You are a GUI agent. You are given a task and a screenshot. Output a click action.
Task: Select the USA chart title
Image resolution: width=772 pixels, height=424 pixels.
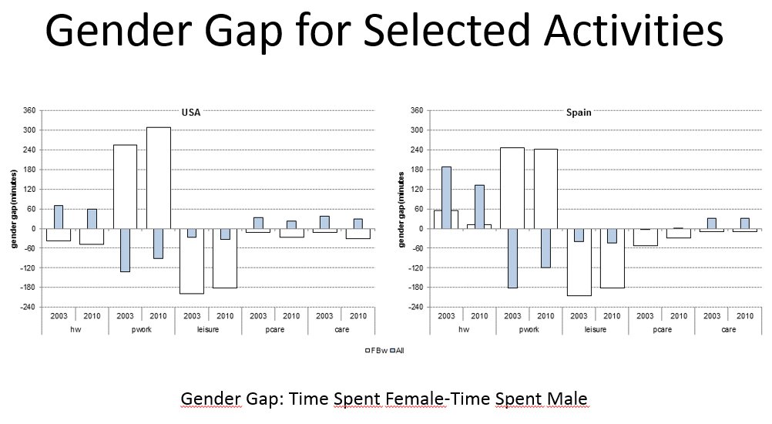190,113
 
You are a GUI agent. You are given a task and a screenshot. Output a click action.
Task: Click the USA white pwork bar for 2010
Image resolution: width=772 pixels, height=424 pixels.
158,178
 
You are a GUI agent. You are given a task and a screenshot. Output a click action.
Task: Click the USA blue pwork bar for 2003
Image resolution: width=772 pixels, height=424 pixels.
125,250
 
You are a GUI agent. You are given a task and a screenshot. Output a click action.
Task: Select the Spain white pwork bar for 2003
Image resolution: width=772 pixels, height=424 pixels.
512,188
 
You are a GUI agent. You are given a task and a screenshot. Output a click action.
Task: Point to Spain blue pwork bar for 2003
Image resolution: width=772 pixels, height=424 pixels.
512,258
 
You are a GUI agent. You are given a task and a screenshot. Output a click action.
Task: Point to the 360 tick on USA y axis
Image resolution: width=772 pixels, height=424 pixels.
29,110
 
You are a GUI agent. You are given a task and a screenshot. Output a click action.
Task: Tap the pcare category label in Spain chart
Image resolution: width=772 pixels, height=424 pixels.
661,329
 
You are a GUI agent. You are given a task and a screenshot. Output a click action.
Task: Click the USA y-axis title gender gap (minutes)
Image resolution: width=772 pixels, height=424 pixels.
13,209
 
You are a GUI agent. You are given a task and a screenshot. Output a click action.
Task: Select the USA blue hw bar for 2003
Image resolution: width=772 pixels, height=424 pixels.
59,217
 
